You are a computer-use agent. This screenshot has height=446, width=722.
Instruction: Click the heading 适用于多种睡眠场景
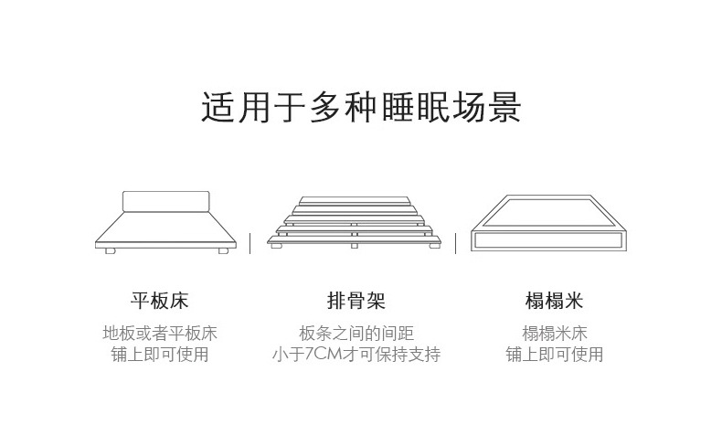click(x=361, y=107)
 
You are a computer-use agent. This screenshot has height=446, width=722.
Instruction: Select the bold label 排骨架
click(x=356, y=301)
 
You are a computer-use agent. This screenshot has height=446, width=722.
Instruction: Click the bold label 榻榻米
click(x=554, y=301)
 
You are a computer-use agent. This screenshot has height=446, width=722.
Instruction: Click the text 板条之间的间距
click(x=356, y=334)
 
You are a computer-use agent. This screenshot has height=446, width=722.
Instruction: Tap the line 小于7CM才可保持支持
click(x=356, y=355)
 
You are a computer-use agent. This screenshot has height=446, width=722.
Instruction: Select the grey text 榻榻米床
click(x=554, y=334)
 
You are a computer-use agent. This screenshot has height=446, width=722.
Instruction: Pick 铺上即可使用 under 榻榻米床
click(x=554, y=355)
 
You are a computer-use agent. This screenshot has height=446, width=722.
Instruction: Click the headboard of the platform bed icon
click(x=165, y=202)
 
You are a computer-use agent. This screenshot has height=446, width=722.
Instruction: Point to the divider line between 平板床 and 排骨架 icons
click(x=250, y=242)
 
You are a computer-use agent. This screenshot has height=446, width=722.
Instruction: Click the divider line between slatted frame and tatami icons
click(x=457, y=242)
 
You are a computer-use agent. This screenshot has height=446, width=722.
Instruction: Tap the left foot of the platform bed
click(x=110, y=250)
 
